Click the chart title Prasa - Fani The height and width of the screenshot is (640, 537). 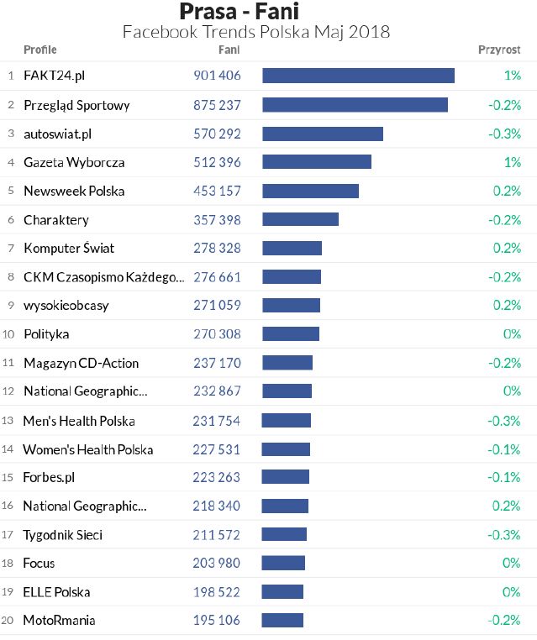239,11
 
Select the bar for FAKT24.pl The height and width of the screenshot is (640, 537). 358,76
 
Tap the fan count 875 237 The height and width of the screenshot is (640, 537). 217,105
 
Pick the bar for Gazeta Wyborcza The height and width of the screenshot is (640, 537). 317,162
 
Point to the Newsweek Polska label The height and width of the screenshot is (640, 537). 74,191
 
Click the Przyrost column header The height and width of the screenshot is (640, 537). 499,50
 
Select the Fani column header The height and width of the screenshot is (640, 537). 229,50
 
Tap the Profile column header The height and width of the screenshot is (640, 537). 40,50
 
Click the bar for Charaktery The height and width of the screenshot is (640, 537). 300,219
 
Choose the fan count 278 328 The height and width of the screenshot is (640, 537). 217,248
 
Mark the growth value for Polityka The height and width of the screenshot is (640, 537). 512,334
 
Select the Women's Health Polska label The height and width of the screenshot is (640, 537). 88,449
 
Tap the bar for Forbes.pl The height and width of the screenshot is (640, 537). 286,477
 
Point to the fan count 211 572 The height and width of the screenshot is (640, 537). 217,534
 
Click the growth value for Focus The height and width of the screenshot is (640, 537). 512,563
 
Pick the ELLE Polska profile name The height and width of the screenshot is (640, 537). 56,592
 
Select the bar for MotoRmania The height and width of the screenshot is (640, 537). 282,621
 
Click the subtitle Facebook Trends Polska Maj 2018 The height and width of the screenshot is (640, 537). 255,32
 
